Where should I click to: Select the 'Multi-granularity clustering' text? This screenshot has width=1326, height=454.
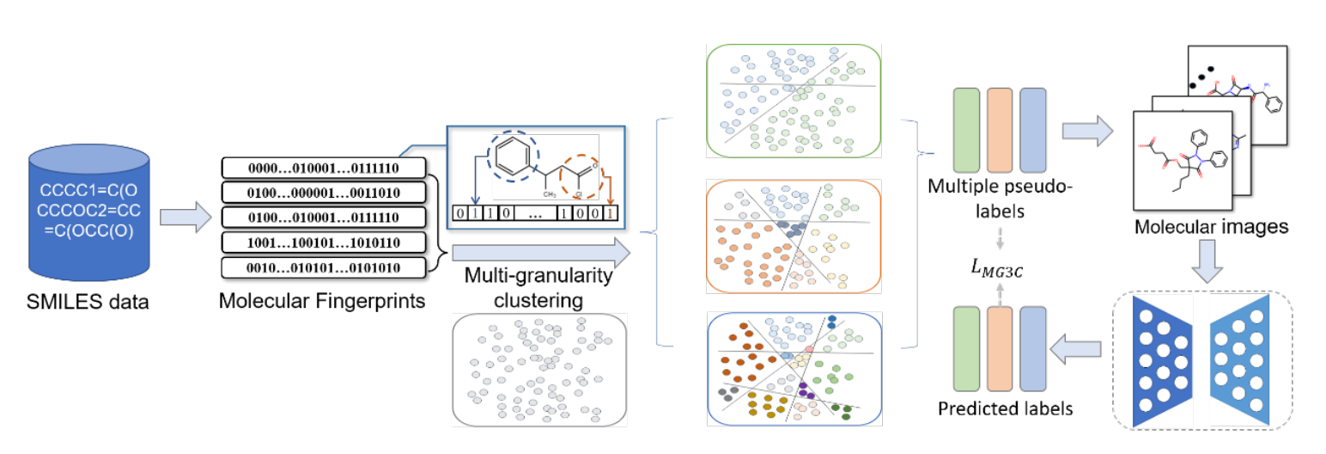pyautogui.click(x=538, y=288)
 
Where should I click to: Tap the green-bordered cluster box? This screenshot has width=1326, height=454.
pyautogui.click(x=791, y=101)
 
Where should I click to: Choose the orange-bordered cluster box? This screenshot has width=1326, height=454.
pyautogui.click(x=791, y=236)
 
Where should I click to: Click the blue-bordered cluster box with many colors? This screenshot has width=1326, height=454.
pyautogui.click(x=791, y=368)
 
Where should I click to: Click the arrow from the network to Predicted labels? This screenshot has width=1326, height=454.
pyautogui.click(x=1080, y=349)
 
